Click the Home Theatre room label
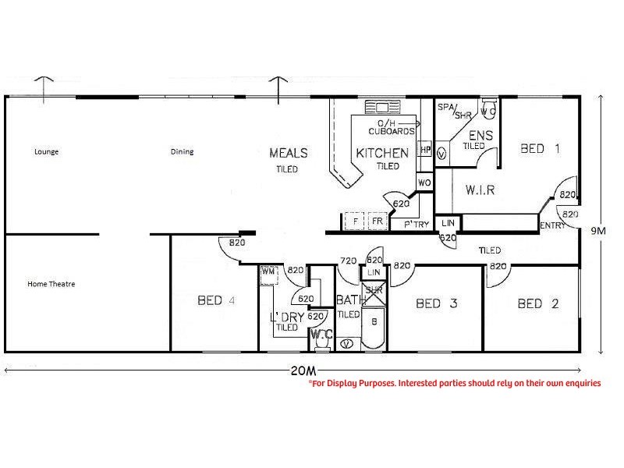pos(51,284)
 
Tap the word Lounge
pos(47,151)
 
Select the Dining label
pos(182,151)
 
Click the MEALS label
pos(289,153)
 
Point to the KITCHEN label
pos(382,153)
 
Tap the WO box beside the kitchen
pos(425,183)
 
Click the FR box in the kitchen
pos(378,222)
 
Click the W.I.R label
pos(480,190)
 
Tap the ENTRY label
pos(551,225)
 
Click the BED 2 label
pos(538,303)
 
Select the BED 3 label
pos(437,303)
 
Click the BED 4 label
pos(216,300)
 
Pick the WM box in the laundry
pos(268,272)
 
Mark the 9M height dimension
pos(598,230)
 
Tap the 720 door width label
pos(349,261)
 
